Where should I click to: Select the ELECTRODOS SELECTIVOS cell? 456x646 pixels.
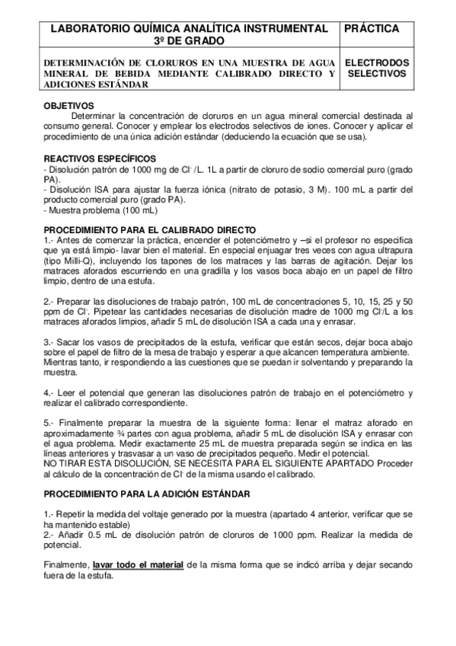377,68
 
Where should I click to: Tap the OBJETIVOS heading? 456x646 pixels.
69,106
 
